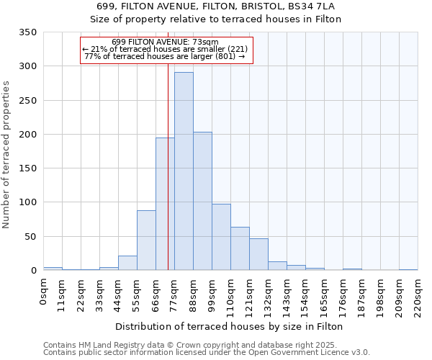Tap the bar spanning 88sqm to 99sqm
click(202, 201)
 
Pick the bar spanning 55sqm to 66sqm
click(146, 240)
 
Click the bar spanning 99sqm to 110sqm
click(221, 237)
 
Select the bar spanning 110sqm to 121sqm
click(240, 248)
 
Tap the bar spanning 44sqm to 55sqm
click(127, 263)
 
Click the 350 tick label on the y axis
click(27, 32)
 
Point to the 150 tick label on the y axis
click(27, 168)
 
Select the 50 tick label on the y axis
click(30, 237)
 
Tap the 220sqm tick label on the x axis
click(418, 296)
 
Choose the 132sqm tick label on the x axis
click(269, 296)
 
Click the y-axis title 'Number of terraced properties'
click(6, 154)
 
